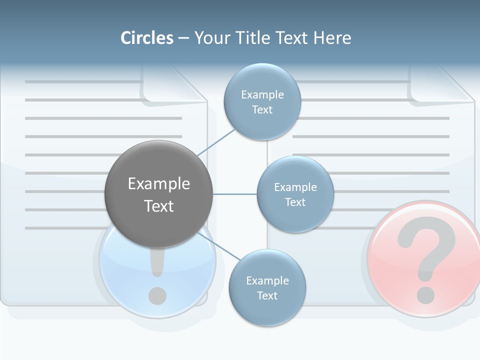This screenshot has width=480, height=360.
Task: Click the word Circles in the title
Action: pyautogui.click(x=147, y=38)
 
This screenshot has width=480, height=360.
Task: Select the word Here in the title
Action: pyautogui.click(x=332, y=38)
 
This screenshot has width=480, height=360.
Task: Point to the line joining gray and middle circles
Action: pyautogui.click(x=235, y=194)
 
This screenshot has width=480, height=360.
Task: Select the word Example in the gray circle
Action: pyautogui.click(x=159, y=183)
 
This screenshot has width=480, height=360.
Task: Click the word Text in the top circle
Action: pyautogui.click(x=262, y=109)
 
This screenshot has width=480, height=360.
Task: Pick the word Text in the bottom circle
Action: pyautogui.click(x=267, y=295)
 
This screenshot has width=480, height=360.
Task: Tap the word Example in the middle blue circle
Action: pyautogui.click(x=295, y=187)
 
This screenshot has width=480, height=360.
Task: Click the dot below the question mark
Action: pyautogui.click(x=425, y=294)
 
